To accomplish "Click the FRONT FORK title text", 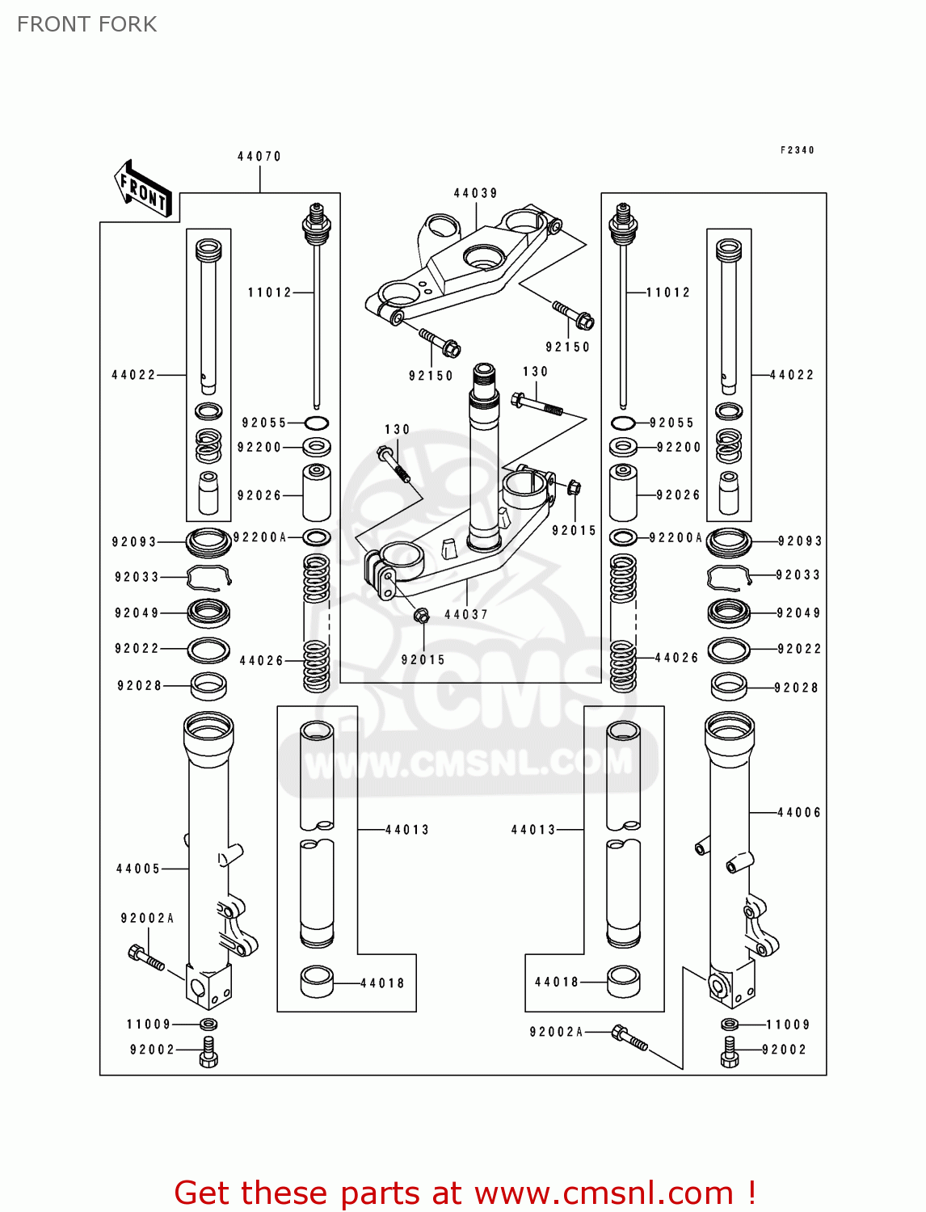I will coord(87,24).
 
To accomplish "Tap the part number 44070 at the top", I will coord(259,157).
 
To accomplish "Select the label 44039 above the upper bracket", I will coord(475,193).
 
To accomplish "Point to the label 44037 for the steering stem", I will coord(466,615).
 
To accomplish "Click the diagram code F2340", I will coord(797,150).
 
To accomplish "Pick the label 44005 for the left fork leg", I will coord(138,869).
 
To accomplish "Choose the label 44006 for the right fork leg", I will coord(798,813).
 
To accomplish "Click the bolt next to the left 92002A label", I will coord(146,958).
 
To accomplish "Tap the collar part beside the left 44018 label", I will coord(317,982).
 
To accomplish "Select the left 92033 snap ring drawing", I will coord(208,577).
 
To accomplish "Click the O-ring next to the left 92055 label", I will coord(317,423).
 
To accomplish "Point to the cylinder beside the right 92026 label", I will coord(622,493).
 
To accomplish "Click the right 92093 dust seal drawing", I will coord(729,541).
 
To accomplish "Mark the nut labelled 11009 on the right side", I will coord(729,1025).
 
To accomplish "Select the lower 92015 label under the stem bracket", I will coord(423,660).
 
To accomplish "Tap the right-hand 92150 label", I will coord(567,347).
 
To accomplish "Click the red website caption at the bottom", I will coord(465,1193).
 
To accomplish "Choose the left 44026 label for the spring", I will coord(261,661).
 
